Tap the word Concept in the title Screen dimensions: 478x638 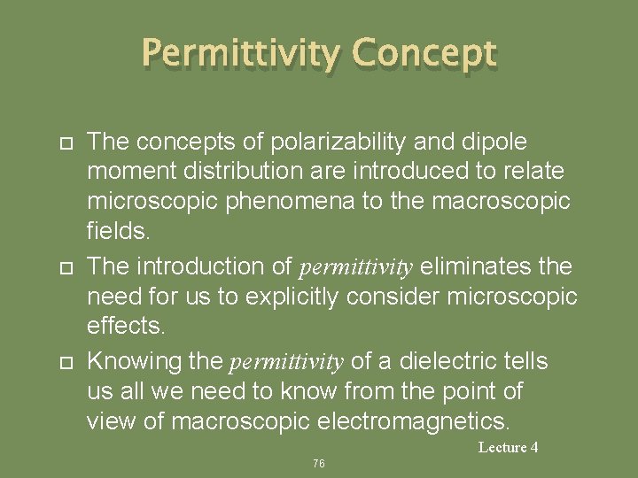pyautogui.click(x=424, y=55)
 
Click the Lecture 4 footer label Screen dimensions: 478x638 pyautogui.click(x=508, y=448)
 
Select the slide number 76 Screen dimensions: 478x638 pyautogui.click(x=319, y=463)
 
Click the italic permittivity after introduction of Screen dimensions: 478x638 pyautogui.click(x=356, y=267)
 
